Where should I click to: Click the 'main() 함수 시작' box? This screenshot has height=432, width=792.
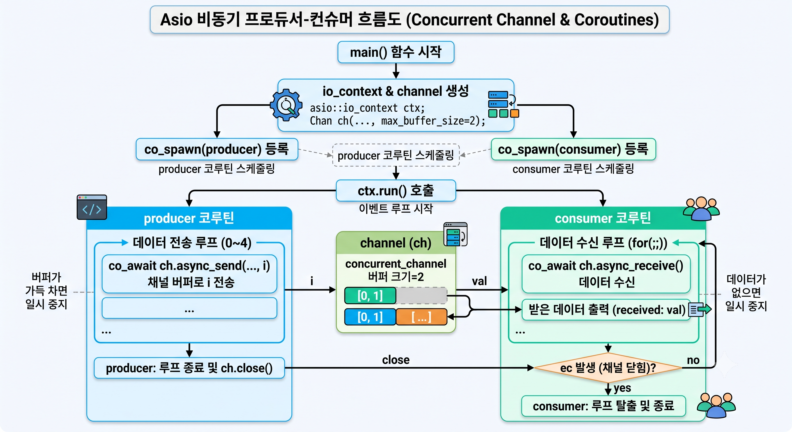pos(396,52)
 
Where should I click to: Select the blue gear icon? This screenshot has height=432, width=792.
pos(286,105)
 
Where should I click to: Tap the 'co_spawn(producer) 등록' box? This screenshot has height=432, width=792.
pos(217,149)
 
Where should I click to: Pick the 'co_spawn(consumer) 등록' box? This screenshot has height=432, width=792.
pos(573,149)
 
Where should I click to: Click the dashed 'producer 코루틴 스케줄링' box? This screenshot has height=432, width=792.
pos(396,155)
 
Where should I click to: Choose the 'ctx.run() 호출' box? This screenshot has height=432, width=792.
pos(396,191)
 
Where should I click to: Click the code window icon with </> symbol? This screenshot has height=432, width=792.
pos(92,207)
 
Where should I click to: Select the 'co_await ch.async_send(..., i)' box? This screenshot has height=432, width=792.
pos(189,274)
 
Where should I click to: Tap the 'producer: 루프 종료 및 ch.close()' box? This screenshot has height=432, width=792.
pos(189,368)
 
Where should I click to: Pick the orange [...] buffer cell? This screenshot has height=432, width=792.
pos(421,317)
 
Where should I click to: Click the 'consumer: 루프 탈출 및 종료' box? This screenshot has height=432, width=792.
pos(604,406)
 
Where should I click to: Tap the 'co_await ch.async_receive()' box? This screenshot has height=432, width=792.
pos(606,274)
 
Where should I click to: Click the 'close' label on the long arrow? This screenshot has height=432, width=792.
pos(396,360)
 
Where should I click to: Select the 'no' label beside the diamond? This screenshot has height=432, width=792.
pos(693,360)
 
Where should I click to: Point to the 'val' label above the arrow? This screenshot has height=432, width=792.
pos(479,281)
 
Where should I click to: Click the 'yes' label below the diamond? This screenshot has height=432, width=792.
pos(622,388)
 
